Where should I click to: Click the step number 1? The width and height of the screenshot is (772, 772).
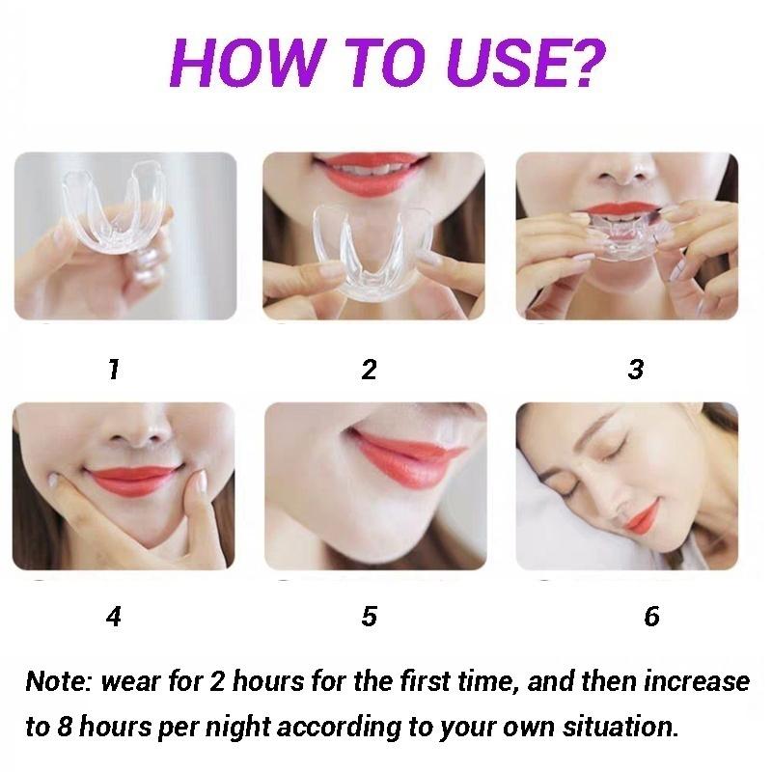click(115, 369)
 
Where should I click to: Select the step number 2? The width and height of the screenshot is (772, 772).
click(369, 369)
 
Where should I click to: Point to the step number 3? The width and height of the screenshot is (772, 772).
click(635, 369)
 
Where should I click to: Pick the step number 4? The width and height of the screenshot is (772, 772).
click(115, 616)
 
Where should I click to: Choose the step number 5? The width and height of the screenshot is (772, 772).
click(369, 616)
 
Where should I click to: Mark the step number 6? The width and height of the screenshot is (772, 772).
click(651, 616)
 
